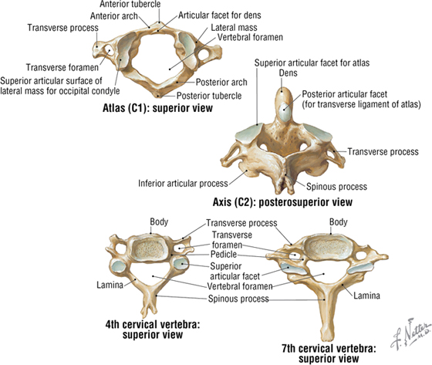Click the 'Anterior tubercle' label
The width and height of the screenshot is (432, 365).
coord(130,4)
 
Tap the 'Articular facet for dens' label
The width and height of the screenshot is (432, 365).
coord(220,15)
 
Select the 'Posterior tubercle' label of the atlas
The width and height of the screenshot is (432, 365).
coord(209,96)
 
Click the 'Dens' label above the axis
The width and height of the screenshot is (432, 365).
coord(289,73)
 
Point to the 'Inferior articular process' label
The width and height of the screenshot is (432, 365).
coord(184,184)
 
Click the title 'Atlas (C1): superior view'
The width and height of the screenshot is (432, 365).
coord(157,108)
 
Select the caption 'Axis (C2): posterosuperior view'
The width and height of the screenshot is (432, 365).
coord(282,202)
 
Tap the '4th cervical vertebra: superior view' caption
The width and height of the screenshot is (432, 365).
coord(153,330)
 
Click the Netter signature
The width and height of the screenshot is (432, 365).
coord(410,333)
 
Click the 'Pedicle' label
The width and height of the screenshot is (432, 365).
coord(224,254)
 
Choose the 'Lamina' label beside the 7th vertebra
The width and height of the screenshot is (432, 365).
coord(366,296)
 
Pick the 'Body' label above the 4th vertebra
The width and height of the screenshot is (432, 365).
coord(159,222)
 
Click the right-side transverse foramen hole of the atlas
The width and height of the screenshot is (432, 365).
coord(203,55)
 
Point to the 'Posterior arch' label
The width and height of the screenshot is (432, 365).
coord(221,82)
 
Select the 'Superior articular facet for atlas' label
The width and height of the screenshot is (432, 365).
coord(312,63)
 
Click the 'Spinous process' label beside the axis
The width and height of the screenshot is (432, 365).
coord(336,187)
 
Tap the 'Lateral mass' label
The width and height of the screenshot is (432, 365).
coord(234,27)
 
